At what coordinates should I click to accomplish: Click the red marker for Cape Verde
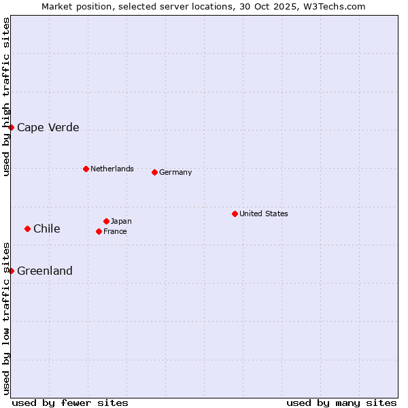(11, 127)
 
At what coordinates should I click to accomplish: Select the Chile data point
(27, 228)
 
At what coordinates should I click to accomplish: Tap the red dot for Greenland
(11, 271)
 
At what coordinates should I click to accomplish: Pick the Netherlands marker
(86, 169)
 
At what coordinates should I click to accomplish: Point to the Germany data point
(154, 172)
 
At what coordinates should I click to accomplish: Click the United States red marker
(235, 214)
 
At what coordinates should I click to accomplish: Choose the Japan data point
(106, 221)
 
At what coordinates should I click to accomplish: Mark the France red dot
(99, 231)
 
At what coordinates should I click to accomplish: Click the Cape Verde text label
(48, 127)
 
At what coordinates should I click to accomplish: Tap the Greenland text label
(44, 271)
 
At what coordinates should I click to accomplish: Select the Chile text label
(46, 228)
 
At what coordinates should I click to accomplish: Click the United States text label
(263, 214)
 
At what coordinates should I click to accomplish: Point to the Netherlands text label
(112, 169)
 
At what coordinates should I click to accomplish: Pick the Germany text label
(175, 172)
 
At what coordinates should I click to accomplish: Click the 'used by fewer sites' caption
(70, 403)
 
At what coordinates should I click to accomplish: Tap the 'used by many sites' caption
(341, 403)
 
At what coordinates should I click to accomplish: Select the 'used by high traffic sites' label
(6, 97)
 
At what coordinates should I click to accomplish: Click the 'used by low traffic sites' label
(6, 318)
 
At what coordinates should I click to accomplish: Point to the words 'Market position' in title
(72, 6)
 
